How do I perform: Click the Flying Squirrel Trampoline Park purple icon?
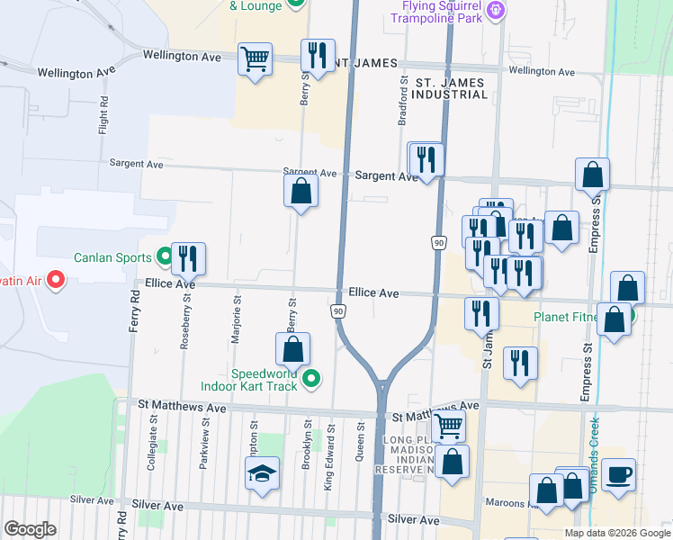click(x=494, y=10)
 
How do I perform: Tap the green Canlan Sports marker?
click(x=164, y=257)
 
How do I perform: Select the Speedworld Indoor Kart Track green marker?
click(x=311, y=379)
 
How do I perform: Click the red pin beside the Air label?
click(x=56, y=281)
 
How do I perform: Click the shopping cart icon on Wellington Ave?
click(x=255, y=59)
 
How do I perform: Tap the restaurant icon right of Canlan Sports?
click(x=189, y=258)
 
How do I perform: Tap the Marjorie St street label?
click(x=238, y=311)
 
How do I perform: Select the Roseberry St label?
click(x=184, y=320)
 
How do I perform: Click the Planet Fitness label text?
click(x=575, y=317)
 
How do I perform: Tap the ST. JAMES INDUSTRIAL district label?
click(x=448, y=88)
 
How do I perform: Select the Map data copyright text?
click(x=615, y=533)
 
